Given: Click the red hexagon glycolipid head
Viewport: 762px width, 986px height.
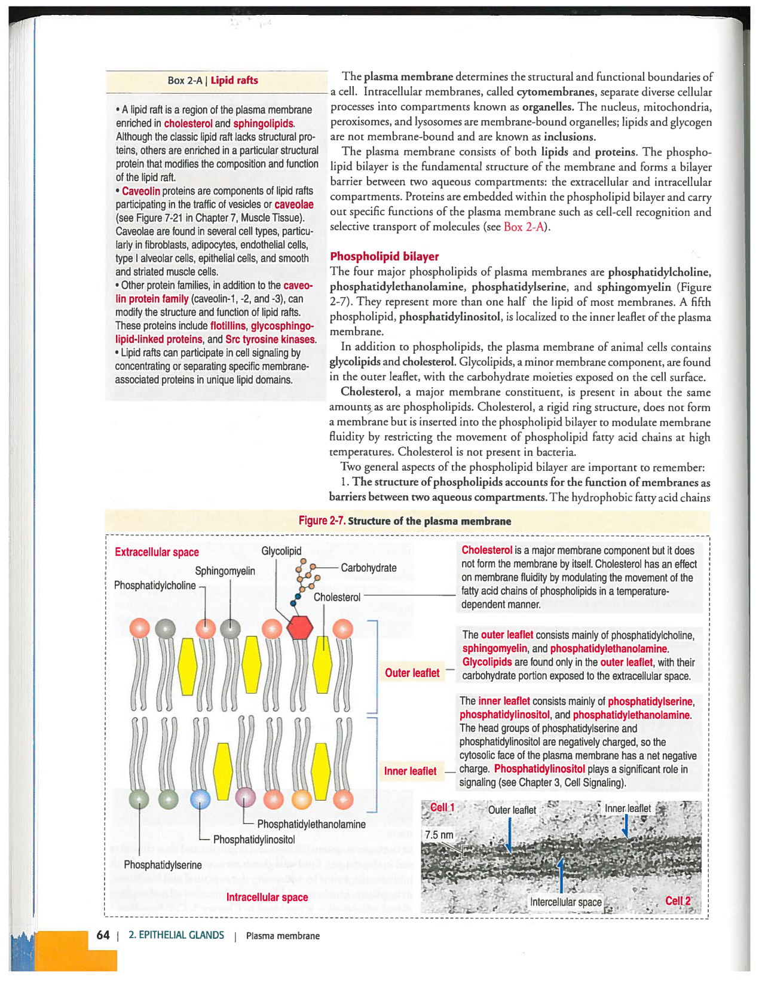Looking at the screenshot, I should tap(300, 627).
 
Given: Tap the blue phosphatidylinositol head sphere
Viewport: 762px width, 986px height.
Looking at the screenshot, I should tap(200, 799).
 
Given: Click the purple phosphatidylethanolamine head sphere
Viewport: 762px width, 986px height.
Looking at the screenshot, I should tap(245, 798).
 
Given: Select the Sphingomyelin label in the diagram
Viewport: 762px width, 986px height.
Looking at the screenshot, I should tap(225, 571).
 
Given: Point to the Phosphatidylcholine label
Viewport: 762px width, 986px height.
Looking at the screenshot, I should tap(155, 586).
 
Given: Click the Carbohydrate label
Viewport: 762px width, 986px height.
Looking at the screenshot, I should tap(368, 568).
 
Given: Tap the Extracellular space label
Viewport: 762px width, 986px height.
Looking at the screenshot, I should tap(157, 552).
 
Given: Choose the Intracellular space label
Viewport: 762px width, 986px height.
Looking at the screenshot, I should tap(267, 898).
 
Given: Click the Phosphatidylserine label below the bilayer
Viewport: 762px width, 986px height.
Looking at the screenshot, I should tap(163, 865).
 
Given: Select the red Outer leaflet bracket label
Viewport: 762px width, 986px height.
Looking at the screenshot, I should tap(412, 673).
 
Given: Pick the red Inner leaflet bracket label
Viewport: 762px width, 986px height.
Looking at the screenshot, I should tap(410, 771).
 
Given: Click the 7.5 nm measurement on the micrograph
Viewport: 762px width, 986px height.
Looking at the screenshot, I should tap(439, 835).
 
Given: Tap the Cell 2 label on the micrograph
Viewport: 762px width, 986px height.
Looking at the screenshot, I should tap(678, 901).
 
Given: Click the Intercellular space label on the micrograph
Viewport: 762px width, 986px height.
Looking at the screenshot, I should tap(565, 902).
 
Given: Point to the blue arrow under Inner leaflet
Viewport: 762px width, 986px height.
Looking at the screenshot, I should tap(625, 826).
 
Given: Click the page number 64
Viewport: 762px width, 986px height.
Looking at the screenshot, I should tap(103, 935).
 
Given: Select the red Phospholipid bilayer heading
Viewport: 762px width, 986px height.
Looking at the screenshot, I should tap(384, 256).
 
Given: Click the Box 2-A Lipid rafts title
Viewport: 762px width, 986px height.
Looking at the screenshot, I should tap(213, 81).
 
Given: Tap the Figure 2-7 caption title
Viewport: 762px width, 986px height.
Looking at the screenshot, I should tap(405, 521).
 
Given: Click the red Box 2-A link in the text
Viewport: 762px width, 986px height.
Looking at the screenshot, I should tap(524, 227).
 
